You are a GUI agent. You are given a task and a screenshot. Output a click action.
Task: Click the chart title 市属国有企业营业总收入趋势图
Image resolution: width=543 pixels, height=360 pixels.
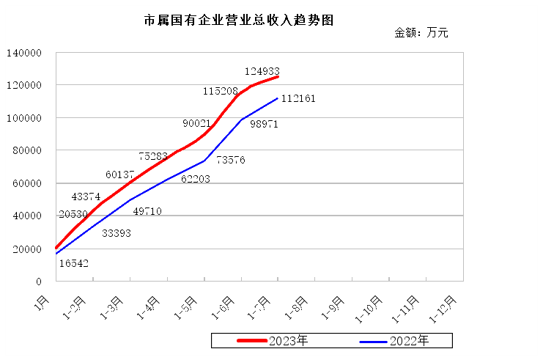pyautogui.click(x=239, y=21)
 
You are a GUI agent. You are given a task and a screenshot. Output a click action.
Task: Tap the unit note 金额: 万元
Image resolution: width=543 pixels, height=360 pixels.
pyautogui.click(x=421, y=32)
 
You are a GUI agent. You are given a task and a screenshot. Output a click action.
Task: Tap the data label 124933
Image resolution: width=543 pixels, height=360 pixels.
pyautogui.click(x=262, y=71)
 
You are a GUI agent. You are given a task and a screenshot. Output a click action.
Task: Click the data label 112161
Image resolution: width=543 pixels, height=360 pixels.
pyautogui.click(x=298, y=98)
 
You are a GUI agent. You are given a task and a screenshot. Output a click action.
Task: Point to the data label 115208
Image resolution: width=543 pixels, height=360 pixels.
pyautogui.click(x=221, y=91)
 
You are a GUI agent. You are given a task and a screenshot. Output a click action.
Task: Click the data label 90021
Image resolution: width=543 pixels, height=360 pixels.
pyautogui.click(x=196, y=123)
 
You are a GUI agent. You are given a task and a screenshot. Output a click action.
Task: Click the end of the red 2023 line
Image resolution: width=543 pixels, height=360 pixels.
pyautogui.click(x=278, y=76)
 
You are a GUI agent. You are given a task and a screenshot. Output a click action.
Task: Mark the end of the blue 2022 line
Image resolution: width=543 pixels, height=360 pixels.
pyautogui.click(x=278, y=98)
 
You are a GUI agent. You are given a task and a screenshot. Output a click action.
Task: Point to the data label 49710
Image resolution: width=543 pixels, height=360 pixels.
pyautogui.click(x=147, y=211)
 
